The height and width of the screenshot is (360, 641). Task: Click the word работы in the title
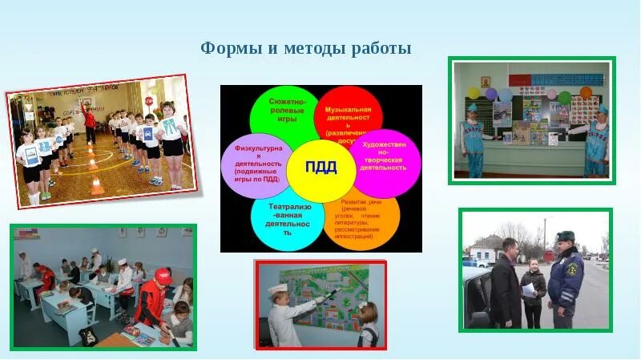pyautogui.click(x=381, y=49)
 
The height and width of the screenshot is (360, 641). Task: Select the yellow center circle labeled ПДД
pyautogui.click(x=320, y=168)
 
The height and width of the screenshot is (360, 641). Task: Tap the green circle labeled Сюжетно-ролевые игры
pyautogui.click(x=281, y=114)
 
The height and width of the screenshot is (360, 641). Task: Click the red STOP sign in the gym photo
pyautogui.click(x=148, y=101)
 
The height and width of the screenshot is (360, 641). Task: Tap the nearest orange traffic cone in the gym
pyautogui.click(x=97, y=187)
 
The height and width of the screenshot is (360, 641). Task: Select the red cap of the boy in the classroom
pyautogui.click(x=163, y=273)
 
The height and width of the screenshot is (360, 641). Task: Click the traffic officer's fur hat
pyautogui.click(x=566, y=237)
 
